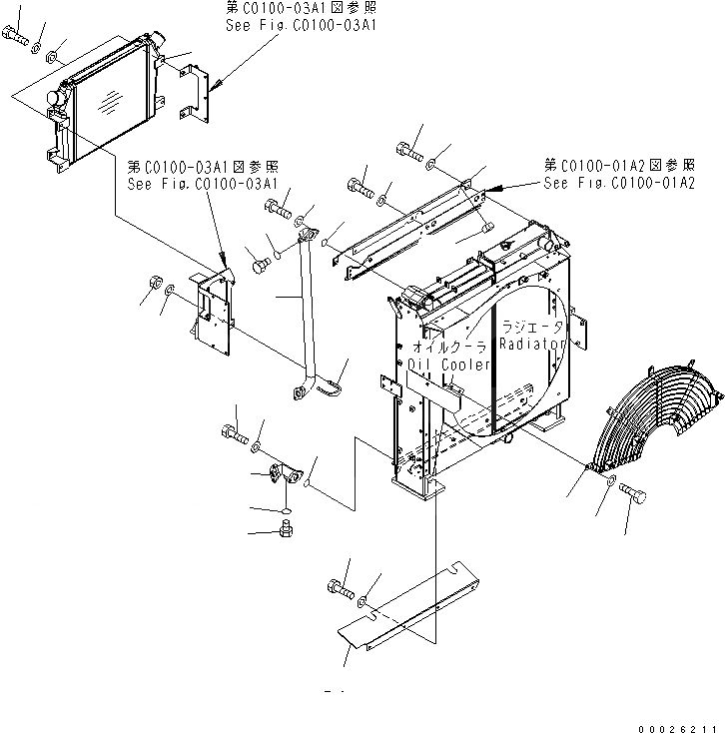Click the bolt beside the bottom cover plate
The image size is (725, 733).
[337, 590]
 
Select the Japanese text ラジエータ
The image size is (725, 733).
[532, 327]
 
